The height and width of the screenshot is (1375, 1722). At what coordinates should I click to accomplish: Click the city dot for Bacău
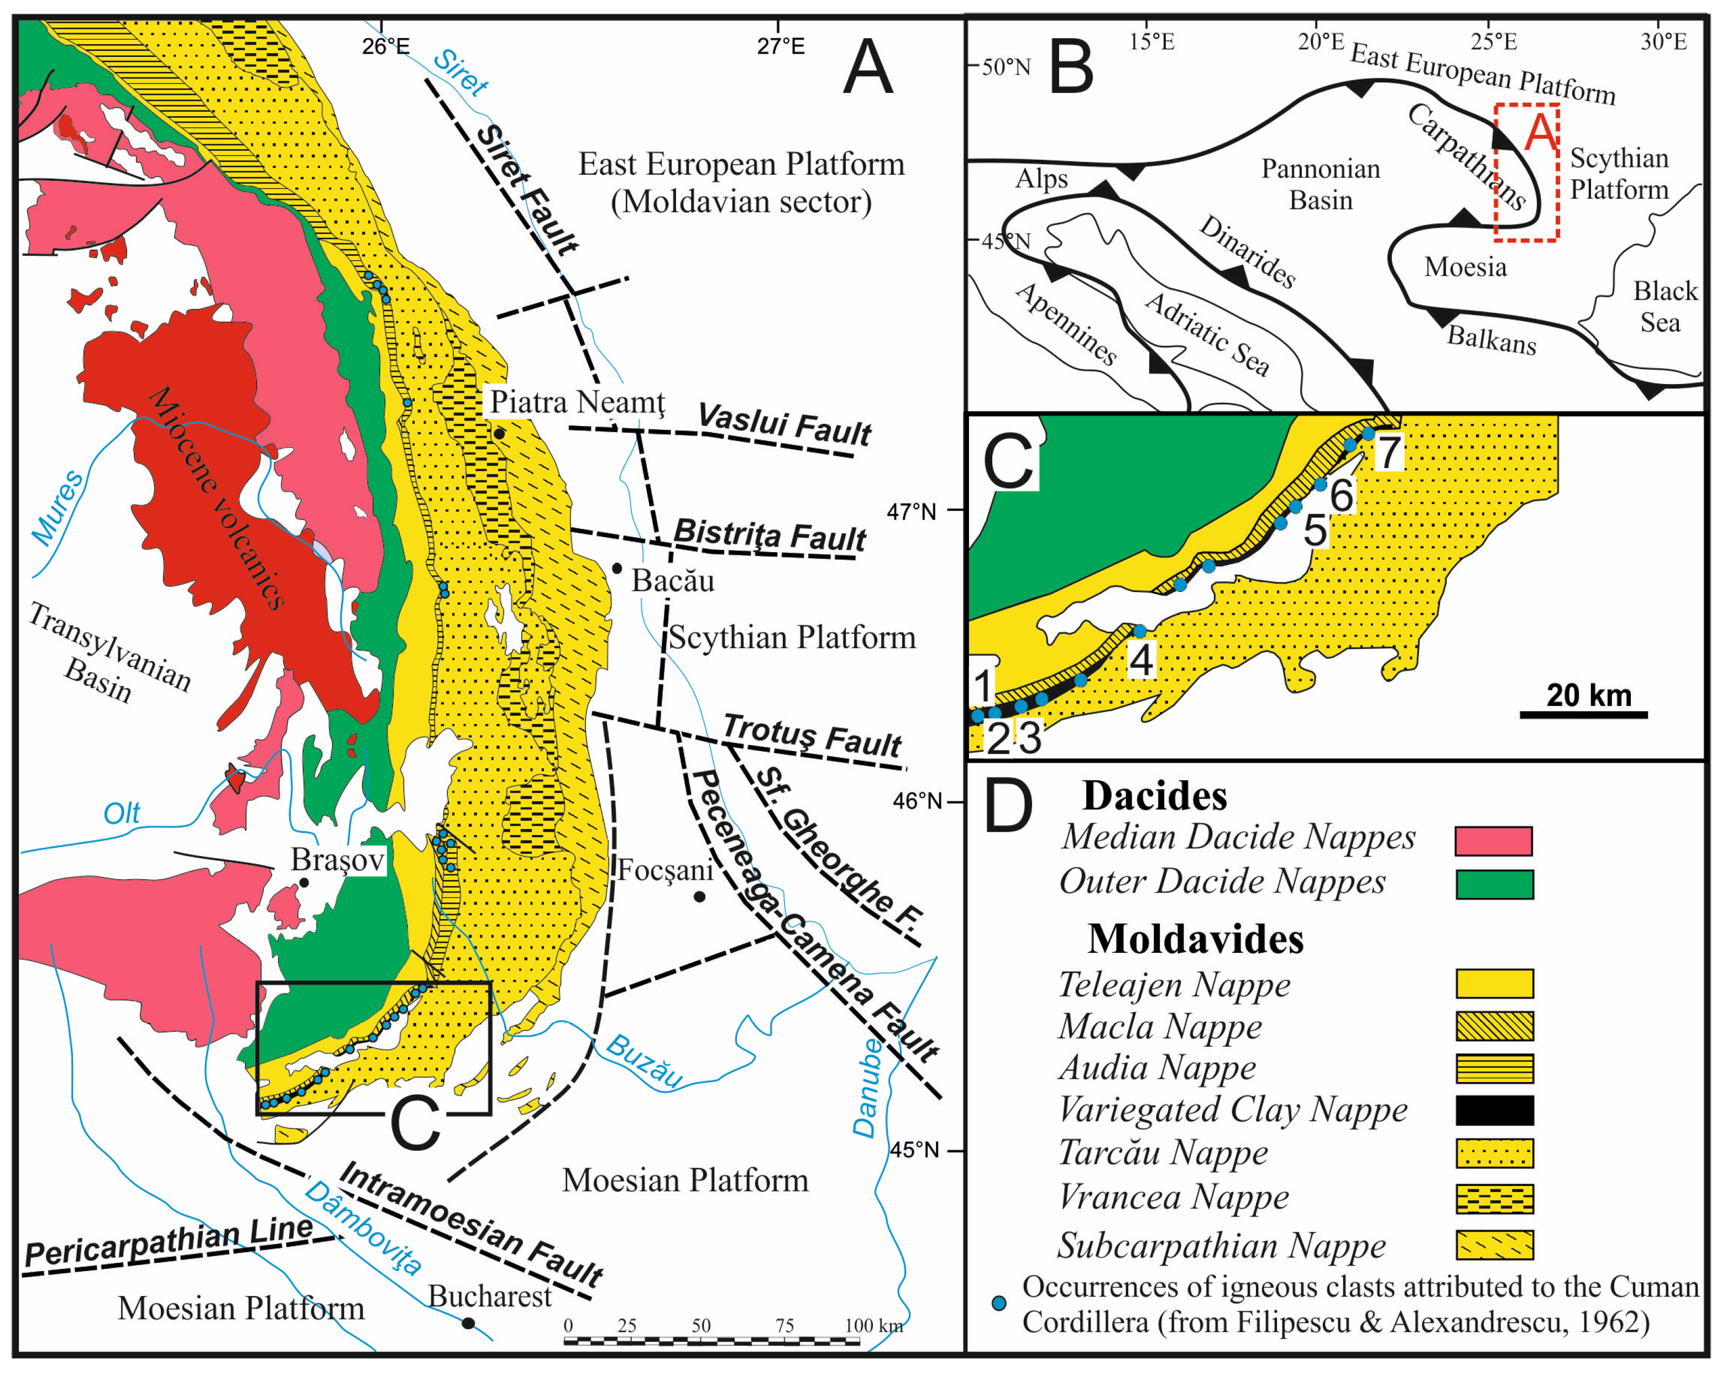pyautogui.click(x=616, y=568)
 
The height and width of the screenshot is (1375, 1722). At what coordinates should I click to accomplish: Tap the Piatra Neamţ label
pyautogui.click(x=577, y=402)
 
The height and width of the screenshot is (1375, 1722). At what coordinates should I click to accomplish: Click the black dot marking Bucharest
pyautogui.click(x=469, y=1323)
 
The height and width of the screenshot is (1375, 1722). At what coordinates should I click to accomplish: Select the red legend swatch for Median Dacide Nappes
pyautogui.click(x=1494, y=841)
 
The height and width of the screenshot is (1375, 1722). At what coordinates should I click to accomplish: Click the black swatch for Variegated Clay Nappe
pyautogui.click(x=1494, y=1110)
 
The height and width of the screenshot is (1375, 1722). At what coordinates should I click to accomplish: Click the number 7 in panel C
pyautogui.click(x=1390, y=453)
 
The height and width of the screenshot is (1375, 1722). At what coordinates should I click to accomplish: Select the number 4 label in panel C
pyautogui.click(x=1140, y=659)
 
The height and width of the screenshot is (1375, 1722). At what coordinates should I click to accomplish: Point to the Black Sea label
pyautogui.click(x=1664, y=306)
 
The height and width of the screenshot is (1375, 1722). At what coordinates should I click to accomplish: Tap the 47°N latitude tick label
pyautogui.click(x=912, y=511)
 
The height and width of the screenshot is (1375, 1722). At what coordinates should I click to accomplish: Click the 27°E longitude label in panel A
pyautogui.click(x=781, y=45)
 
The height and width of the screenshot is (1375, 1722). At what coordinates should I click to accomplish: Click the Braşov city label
pyautogui.click(x=337, y=860)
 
